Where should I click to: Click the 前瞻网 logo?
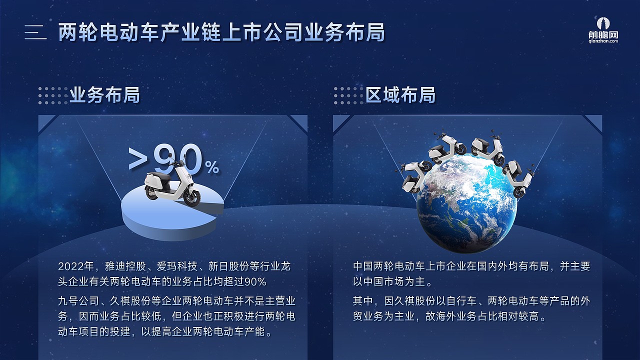pos(607,29)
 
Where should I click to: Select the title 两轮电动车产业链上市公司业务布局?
pos(221,32)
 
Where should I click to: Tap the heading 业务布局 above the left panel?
pos(104,94)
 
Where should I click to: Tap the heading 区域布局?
pos(400,94)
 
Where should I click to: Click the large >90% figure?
pos(172,160)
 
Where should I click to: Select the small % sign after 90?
pos(212,168)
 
